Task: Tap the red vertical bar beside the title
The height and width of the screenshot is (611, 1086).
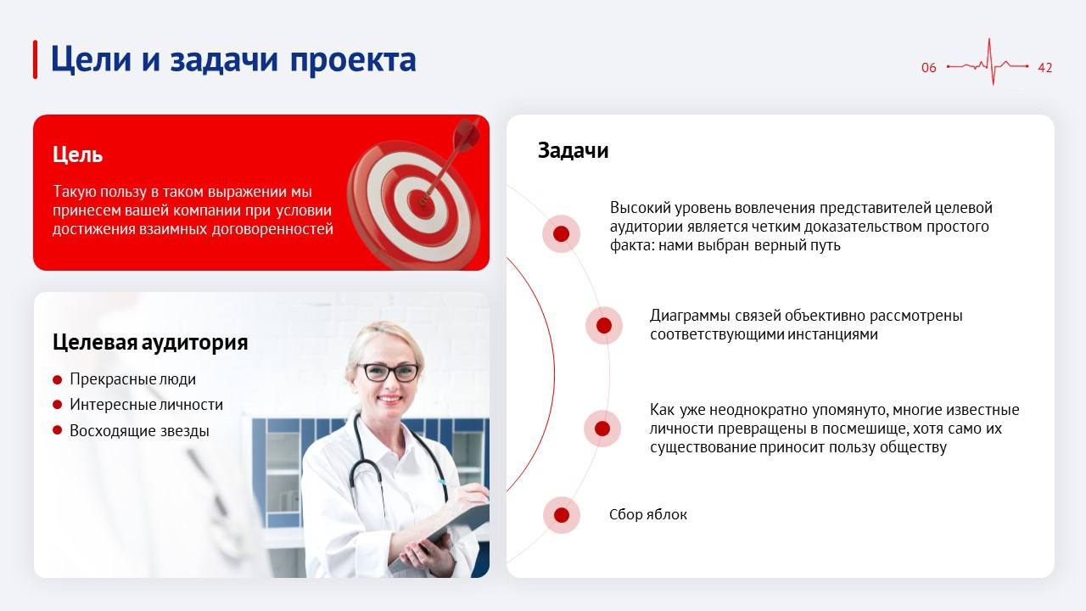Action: [35, 59]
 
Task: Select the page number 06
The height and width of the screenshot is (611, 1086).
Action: [929, 68]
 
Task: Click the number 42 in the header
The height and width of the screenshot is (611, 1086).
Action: [1044, 68]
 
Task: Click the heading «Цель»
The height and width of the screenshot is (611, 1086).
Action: [77, 154]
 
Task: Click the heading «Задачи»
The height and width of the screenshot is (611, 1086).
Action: [573, 150]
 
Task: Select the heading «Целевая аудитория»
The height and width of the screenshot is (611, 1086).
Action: [150, 342]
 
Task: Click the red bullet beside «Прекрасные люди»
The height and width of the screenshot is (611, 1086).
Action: [58, 379]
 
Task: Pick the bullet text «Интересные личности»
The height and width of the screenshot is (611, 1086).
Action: [146, 405]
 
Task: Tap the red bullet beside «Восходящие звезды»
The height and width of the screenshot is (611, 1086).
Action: [58, 430]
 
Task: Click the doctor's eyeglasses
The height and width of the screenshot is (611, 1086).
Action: [389, 371]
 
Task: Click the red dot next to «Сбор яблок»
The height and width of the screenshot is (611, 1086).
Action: [561, 515]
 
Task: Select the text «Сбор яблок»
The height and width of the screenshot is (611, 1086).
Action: [648, 514]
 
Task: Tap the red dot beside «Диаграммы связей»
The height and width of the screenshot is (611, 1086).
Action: [604, 325]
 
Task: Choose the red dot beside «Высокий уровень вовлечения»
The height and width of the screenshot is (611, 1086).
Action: [561, 233]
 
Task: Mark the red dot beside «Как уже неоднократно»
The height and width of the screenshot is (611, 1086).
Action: [602, 429]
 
